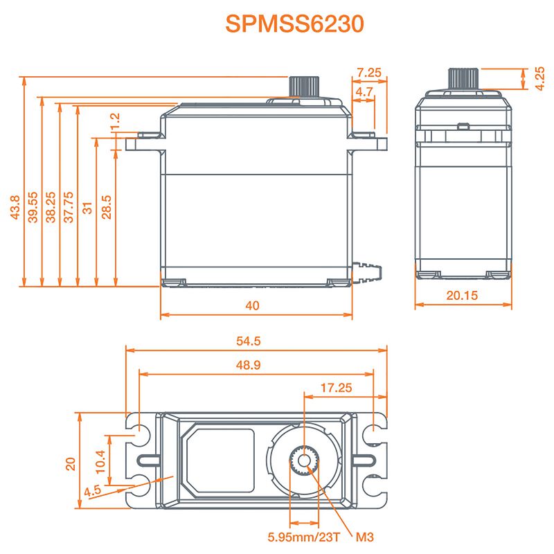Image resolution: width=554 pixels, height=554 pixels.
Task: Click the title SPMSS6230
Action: click(x=294, y=24)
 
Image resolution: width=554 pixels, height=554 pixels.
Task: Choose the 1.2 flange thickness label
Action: click(x=116, y=121)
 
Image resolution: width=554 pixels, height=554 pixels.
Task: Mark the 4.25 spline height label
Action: click(x=539, y=78)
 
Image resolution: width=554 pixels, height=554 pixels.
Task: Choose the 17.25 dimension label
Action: click(x=337, y=388)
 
